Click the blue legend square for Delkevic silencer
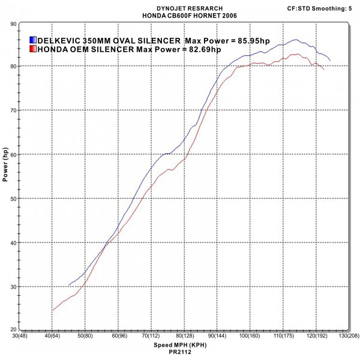click(x=32, y=40)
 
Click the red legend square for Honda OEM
click(x=32, y=49)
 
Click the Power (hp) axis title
click(x=5, y=169)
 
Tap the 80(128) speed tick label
click(x=183, y=337)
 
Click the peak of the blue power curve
click(x=296, y=40)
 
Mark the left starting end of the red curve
click(x=53, y=310)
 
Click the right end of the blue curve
click(x=330, y=61)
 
